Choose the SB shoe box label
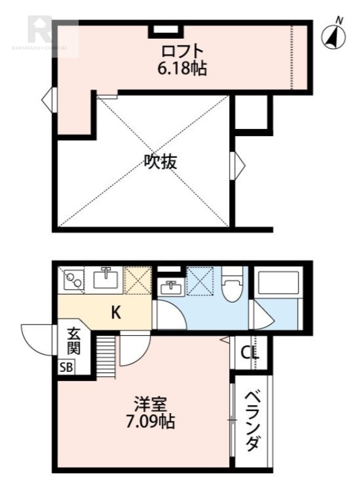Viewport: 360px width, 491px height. pyautogui.click(x=65, y=368)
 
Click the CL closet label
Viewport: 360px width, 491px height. pyautogui.click(x=250, y=353)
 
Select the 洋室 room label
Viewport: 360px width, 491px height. pyautogui.click(x=151, y=405)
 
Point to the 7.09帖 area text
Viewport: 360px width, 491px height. pyautogui.click(x=151, y=422)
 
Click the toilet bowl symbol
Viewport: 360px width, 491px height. pyautogui.click(x=232, y=285)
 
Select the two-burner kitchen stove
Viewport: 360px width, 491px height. pyautogui.click(x=74, y=281)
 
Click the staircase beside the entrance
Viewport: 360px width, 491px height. pyautogui.click(x=106, y=357)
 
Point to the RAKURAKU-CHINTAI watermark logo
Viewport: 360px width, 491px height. pyautogui.click(x=43, y=34)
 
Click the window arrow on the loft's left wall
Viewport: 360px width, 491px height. pyautogui.click(x=48, y=98)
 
